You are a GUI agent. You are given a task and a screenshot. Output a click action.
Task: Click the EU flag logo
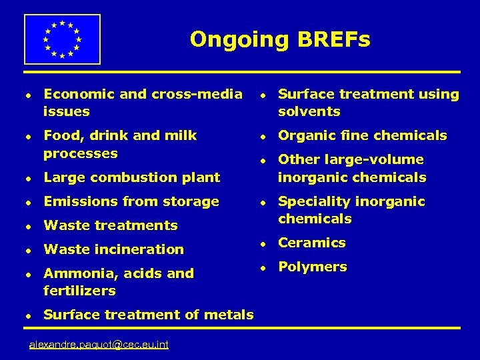[x=62, y=39]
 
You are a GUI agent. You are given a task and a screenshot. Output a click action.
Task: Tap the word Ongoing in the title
[x=237, y=40]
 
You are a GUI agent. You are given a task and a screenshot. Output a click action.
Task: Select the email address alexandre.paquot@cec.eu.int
[x=99, y=344]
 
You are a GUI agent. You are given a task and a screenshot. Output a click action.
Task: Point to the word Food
[x=59, y=135]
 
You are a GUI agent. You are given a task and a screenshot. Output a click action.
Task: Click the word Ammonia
[x=73, y=273]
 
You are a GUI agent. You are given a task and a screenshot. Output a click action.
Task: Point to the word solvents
[x=309, y=111]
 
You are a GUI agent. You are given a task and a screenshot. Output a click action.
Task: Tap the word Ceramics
[x=312, y=243]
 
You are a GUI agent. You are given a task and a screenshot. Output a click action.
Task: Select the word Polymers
[x=313, y=267]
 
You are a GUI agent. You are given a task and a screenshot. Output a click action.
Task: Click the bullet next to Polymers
[x=263, y=267]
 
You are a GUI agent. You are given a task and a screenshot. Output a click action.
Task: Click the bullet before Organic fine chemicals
[x=263, y=136]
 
